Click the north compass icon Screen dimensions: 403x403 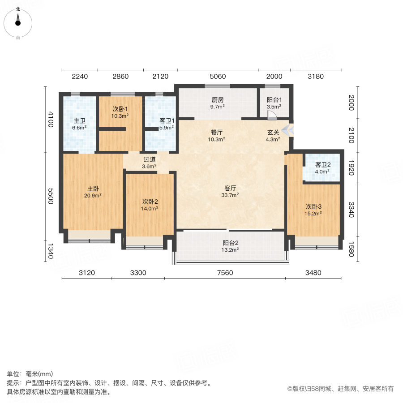(18, 21)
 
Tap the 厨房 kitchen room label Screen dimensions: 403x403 (218, 103)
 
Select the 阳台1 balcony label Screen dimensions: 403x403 (274, 103)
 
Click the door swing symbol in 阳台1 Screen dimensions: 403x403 (271, 115)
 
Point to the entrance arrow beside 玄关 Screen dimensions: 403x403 (289, 131)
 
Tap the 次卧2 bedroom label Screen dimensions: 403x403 (150, 205)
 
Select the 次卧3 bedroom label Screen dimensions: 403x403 (313, 210)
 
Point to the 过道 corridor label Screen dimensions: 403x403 (150, 163)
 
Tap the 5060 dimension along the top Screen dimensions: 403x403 (218, 76)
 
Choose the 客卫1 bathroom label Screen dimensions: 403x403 (167, 124)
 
